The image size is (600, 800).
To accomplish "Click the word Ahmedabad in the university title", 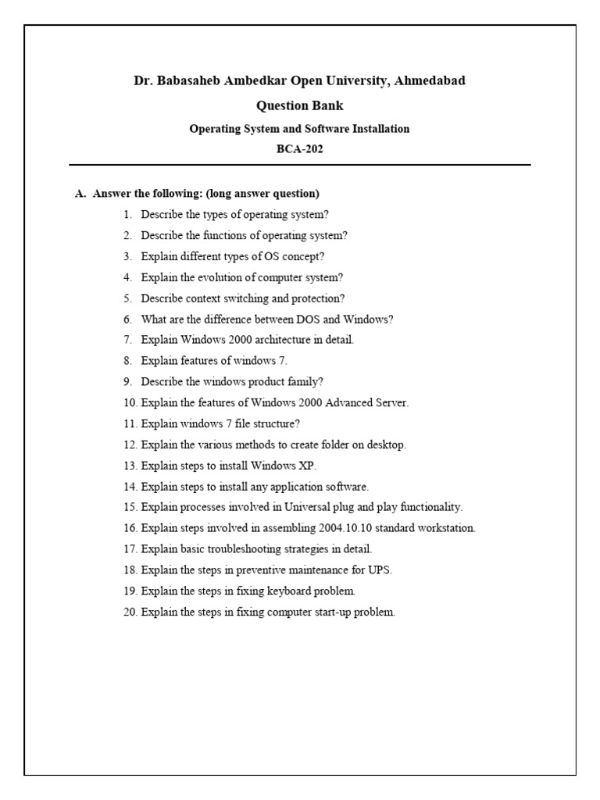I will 430,81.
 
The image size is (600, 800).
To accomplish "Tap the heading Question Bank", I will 300,106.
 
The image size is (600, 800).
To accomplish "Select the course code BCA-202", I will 300,149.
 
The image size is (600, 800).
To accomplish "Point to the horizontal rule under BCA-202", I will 300,166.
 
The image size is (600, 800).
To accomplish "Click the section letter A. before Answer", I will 80,194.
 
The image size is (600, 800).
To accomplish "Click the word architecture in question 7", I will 272,341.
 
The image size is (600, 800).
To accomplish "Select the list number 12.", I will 130,445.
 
